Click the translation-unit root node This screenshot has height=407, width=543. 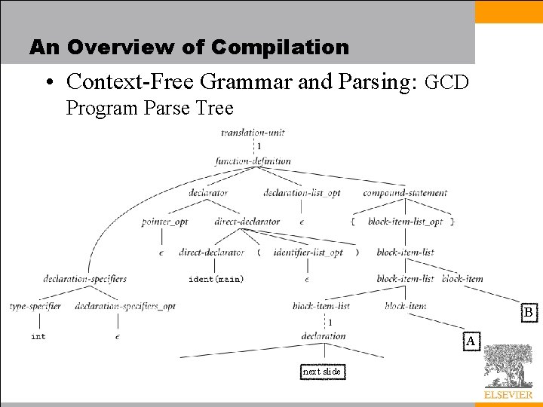tap(252, 133)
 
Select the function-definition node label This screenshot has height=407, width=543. tap(253, 161)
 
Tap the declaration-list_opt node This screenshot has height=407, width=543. tap(302, 192)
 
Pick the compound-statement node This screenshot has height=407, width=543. tap(405, 192)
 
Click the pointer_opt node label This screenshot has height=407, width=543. tap(164, 222)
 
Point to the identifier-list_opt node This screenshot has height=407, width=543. tap(308, 252)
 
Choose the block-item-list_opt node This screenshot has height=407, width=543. tap(406, 222)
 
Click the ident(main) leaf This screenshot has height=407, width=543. tap(216, 279)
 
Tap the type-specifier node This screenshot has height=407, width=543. tap(35, 307)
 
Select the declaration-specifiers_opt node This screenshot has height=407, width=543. tap(125, 307)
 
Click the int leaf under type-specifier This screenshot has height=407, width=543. tap(38, 336)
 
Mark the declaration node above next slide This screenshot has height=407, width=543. tap(323, 336)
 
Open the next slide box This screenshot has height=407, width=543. tap(322, 372)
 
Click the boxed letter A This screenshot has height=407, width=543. tap(471, 341)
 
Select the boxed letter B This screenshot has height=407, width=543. tap(529, 312)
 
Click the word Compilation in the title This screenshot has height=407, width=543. tap(280, 47)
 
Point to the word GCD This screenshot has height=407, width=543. tap(447, 82)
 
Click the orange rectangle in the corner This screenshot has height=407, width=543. tap(508, 11)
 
